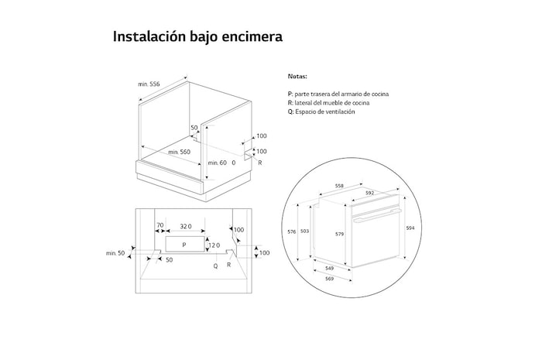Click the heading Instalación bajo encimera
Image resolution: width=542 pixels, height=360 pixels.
pyautogui.click(x=197, y=36)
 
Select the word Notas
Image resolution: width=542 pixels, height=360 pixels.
pyautogui.click(x=297, y=77)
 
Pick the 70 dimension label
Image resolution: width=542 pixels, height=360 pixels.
pyautogui.click(x=160, y=225)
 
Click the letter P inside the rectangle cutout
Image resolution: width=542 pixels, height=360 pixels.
pyautogui.click(x=184, y=245)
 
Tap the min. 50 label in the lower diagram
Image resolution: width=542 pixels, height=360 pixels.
pyautogui.click(x=115, y=254)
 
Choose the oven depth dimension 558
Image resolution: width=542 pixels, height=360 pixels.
pyautogui.click(x=339, y=186)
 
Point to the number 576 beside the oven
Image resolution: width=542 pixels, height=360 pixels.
pyautogui.click(x=291, y=231)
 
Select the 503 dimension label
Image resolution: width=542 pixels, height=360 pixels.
pyautogui.click(x=305, y=231)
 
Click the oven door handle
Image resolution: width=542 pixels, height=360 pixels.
pyautogui.click(x=376, y=214)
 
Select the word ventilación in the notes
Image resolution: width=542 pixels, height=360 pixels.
pyautogui.click(x=339, y=112)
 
